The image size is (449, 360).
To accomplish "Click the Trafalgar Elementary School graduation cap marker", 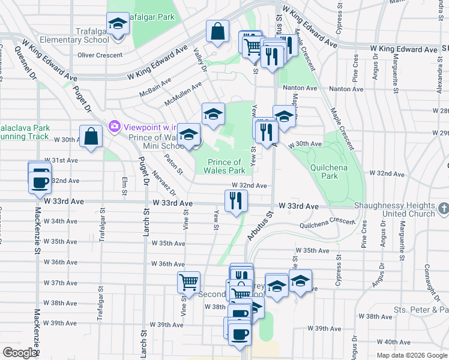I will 118,25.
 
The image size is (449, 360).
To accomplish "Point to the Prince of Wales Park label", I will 225,166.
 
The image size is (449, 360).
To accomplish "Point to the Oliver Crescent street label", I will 100,55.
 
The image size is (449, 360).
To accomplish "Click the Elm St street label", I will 125,185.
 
